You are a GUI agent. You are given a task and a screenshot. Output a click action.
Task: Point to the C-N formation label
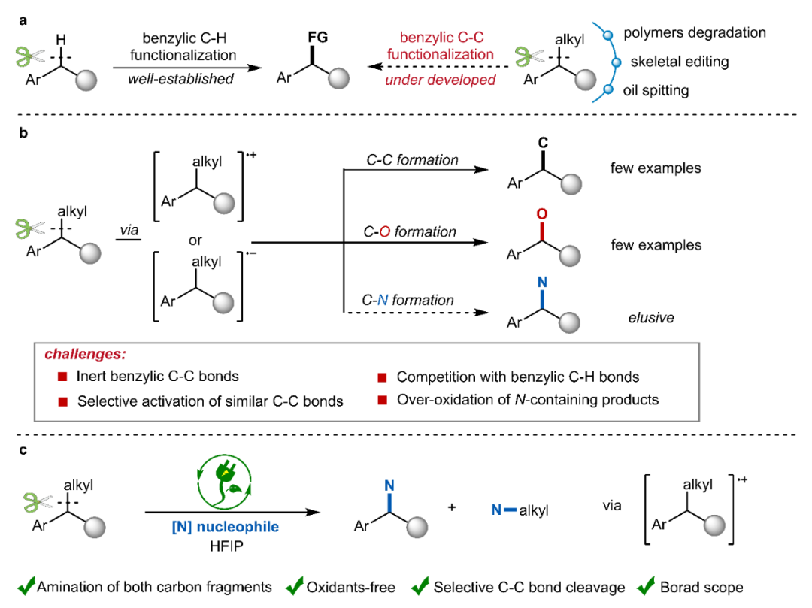point(408,301)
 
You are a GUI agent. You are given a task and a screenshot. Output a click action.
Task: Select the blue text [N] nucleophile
point(236,527)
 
